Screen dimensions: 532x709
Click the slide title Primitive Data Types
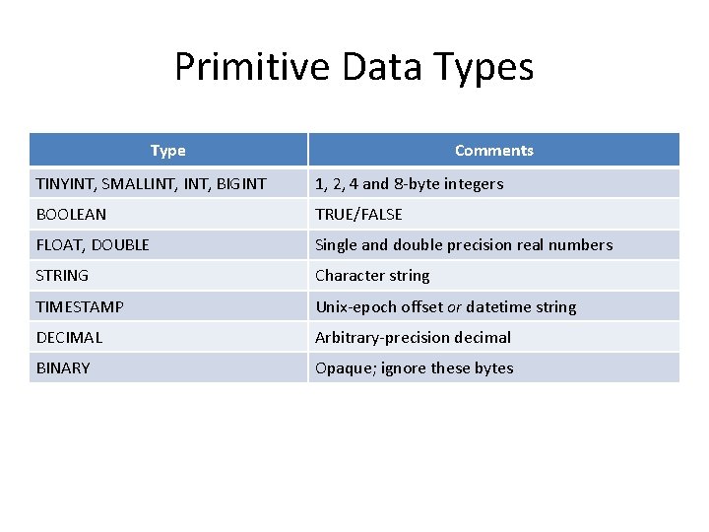(x=354, y=67)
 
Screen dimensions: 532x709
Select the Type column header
(x=167, y=151)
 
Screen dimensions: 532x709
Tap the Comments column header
(x=493, y=151)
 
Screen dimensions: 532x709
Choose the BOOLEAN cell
(x=71, y=214)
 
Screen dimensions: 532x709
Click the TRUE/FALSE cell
(x=358, y=214)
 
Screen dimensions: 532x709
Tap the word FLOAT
(x=59, y=244)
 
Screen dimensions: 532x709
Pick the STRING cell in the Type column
(x=62, y=275)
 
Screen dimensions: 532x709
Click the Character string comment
(x=372, y=275)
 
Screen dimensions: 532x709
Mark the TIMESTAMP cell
(x=80, y=306)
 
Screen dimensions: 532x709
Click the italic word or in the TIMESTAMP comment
(x=454, y=306)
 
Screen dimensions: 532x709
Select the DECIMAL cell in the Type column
(x=69, y=337)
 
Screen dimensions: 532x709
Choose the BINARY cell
(x=63, y=367)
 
